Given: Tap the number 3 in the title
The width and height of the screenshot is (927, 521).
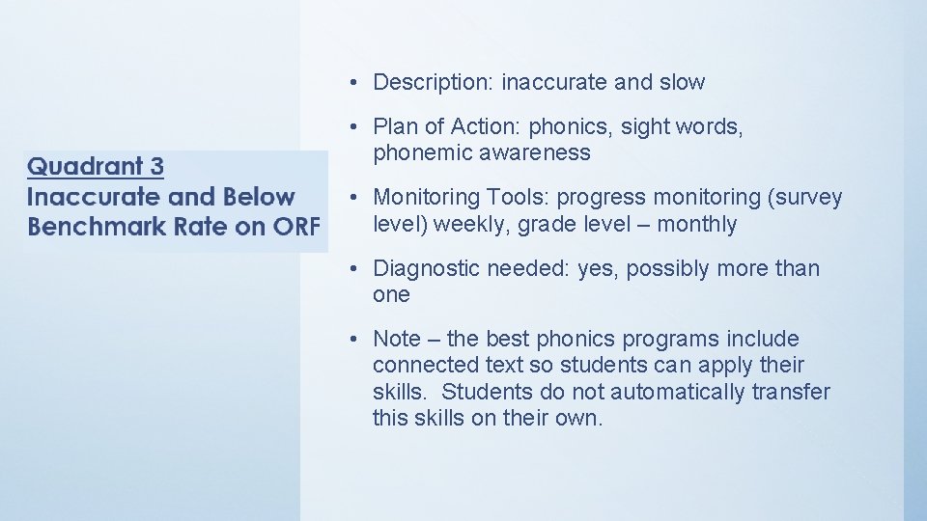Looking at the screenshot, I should coord(157,166).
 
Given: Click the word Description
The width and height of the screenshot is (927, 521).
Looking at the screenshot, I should coord(432,83).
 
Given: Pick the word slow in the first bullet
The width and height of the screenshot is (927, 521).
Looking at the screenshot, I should coord(682,83).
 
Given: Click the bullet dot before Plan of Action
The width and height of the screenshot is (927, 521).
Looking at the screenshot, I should coord(355,127).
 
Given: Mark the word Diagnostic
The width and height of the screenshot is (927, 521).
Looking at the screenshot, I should coord(426,268).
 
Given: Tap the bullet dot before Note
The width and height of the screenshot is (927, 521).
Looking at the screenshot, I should coord(355,340).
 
